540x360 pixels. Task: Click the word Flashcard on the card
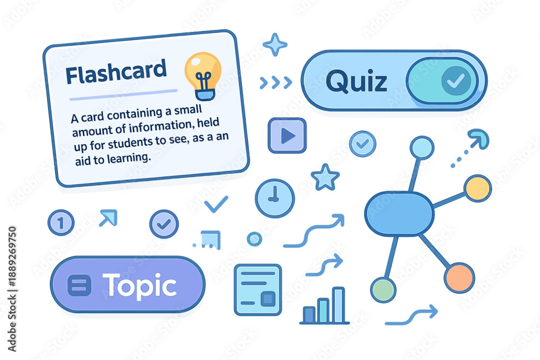click(x=116, y=72)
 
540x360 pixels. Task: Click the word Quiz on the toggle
click(x=356, y=81)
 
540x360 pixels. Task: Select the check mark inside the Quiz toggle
click(x=456, y=80)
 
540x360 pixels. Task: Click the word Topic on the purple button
click(x=139, y=286)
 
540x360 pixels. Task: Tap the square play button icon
click(x=287, y=135)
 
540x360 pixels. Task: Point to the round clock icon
click(x=274, y=198)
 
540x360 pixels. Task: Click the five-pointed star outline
click(x=325, y=177)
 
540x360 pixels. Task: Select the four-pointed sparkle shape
click(x=275, y=44)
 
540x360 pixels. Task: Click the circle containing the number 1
click(x=61, y=223)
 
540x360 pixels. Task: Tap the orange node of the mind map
click(x=460, y=278)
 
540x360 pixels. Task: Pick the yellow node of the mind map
click(x=477, y=188)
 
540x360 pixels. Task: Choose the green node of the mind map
click(x=383, y=290)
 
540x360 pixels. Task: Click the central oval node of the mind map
click(x=399, y=214)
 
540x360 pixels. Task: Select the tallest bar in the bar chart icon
click(x=339, y=305)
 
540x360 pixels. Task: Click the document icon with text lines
click(x=258, y=290)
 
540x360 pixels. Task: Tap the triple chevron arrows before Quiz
click(x=276, y=83)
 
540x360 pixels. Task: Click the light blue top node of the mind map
click(x=422, y=148)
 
